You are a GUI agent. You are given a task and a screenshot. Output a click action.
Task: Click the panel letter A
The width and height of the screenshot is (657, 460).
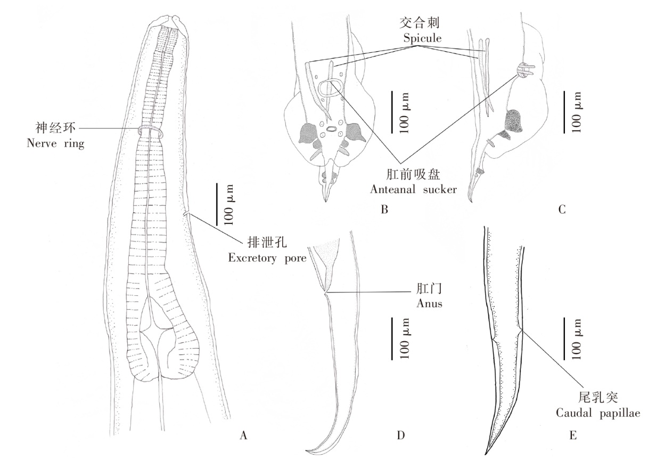(x=244, y=435)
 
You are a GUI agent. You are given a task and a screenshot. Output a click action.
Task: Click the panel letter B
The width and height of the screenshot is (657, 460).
(x=384, y=209)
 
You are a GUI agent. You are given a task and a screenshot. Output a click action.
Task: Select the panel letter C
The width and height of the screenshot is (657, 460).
(x=561, y=209)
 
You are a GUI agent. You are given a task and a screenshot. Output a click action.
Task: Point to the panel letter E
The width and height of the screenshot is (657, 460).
(x=572, y=435)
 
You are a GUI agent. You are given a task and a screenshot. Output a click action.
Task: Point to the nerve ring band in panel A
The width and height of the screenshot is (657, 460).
(x=151, y=130)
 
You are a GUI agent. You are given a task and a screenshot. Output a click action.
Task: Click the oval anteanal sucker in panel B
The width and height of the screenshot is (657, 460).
(x=332, y=87)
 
